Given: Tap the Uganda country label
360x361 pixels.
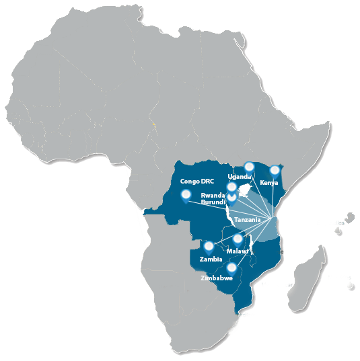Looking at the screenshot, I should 240,176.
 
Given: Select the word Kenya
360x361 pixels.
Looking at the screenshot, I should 268,183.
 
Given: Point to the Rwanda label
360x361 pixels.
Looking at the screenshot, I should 212,196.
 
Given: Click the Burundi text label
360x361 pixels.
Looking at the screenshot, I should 213,202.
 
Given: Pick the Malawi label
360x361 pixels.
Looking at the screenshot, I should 238,251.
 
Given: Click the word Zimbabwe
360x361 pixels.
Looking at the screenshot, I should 217,277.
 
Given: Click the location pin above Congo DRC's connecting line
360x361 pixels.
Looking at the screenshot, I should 185,196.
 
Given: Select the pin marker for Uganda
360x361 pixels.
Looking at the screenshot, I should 249,166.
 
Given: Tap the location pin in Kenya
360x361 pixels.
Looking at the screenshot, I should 274,170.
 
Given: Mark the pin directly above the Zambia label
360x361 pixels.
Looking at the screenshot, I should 209,246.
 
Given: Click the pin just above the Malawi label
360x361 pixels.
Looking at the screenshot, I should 238,239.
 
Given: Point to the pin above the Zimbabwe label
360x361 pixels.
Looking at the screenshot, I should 231,267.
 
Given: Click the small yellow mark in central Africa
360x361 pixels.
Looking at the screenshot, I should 153,125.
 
